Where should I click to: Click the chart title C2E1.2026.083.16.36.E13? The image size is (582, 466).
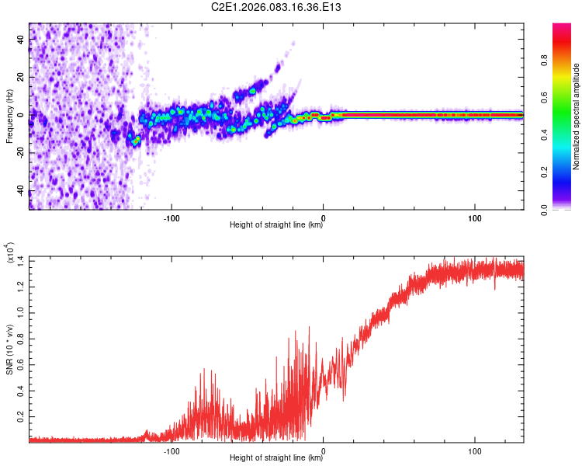point(275,7)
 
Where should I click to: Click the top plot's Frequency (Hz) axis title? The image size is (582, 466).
point(9,116)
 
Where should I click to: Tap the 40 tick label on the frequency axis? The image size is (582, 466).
point(20,39)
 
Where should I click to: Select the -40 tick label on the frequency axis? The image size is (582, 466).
point(20,191)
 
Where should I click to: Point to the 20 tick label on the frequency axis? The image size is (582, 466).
point(20,77)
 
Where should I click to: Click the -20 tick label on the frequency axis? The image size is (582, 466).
point(20,153)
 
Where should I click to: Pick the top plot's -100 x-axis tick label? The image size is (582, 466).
point(171,218)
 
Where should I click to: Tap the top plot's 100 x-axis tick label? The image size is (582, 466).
point(475,218)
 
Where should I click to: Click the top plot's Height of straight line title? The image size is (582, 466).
point(276,224)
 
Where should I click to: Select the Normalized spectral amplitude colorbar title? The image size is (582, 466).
point(576,116)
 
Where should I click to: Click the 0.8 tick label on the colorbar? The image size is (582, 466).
point(544,61)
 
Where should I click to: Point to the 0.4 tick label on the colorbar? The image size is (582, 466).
point(544,135)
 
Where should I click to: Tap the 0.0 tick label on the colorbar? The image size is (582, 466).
point(544,210)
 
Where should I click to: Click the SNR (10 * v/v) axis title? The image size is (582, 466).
point(9,349)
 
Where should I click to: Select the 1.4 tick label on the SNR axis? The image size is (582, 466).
point(20,261)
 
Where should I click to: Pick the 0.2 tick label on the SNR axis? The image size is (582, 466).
point(20,417)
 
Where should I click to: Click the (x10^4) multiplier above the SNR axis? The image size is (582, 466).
point(10,252)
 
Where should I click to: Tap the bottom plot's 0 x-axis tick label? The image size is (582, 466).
point(324,451)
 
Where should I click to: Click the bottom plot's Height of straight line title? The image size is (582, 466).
point(276,457)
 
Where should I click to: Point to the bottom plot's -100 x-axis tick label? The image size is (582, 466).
point(171,451)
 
